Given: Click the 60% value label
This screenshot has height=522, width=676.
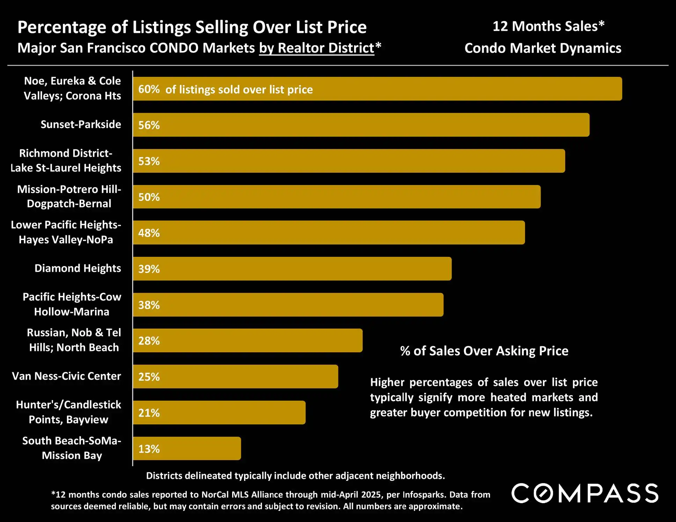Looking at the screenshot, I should (x=149, y=89).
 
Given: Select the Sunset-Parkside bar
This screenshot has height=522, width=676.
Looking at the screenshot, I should (x=361, y=125).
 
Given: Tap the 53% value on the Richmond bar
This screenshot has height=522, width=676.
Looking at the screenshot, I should (x=149, y=161).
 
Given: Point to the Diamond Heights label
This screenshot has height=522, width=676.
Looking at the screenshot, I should (x=78, y=268).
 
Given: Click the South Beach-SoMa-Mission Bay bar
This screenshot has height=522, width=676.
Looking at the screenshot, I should (x=187, y=448).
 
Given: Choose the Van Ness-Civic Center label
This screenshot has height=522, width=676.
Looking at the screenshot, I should (x=66, y=376).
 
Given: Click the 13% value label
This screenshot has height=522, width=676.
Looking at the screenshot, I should (x=149, y=449).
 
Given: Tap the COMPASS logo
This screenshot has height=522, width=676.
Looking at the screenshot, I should (x=585, y=493).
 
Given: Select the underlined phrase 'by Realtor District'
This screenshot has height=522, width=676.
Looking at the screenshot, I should (x=316, y=48).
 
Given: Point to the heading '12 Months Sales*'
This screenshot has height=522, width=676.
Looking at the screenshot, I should (x=548, y=27).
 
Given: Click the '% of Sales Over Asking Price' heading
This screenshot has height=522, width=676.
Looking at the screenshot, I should (x=484, y=351).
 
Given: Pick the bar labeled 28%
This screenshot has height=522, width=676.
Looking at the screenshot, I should (x=247, y=341).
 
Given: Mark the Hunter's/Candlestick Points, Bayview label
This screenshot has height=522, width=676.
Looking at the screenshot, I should (x=68, y=412).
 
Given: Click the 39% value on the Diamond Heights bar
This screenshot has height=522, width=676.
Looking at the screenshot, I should (x=149, y=269).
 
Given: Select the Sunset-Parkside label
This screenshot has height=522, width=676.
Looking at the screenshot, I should (x=81, y=125).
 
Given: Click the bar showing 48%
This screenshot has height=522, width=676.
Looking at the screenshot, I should (x=328, y=233).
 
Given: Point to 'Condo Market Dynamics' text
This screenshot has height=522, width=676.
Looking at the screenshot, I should (x=543, y=49).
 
